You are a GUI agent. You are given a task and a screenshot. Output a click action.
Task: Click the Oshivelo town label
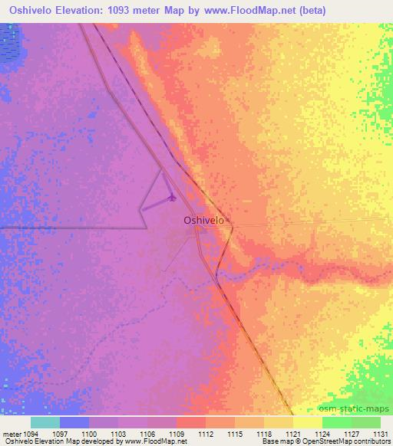click(x=203, y=220)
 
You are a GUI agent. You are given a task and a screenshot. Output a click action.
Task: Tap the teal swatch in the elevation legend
click(x=45, y=422)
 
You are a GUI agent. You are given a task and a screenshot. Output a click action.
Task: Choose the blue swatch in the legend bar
click(x=74, y=422)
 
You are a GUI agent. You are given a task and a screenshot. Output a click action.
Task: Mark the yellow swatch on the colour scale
click(x=308, y=422)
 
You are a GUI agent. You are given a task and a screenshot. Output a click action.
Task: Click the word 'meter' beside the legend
click(x=11, y=434)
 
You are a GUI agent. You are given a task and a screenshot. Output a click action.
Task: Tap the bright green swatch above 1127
click(x=337, y=422)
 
